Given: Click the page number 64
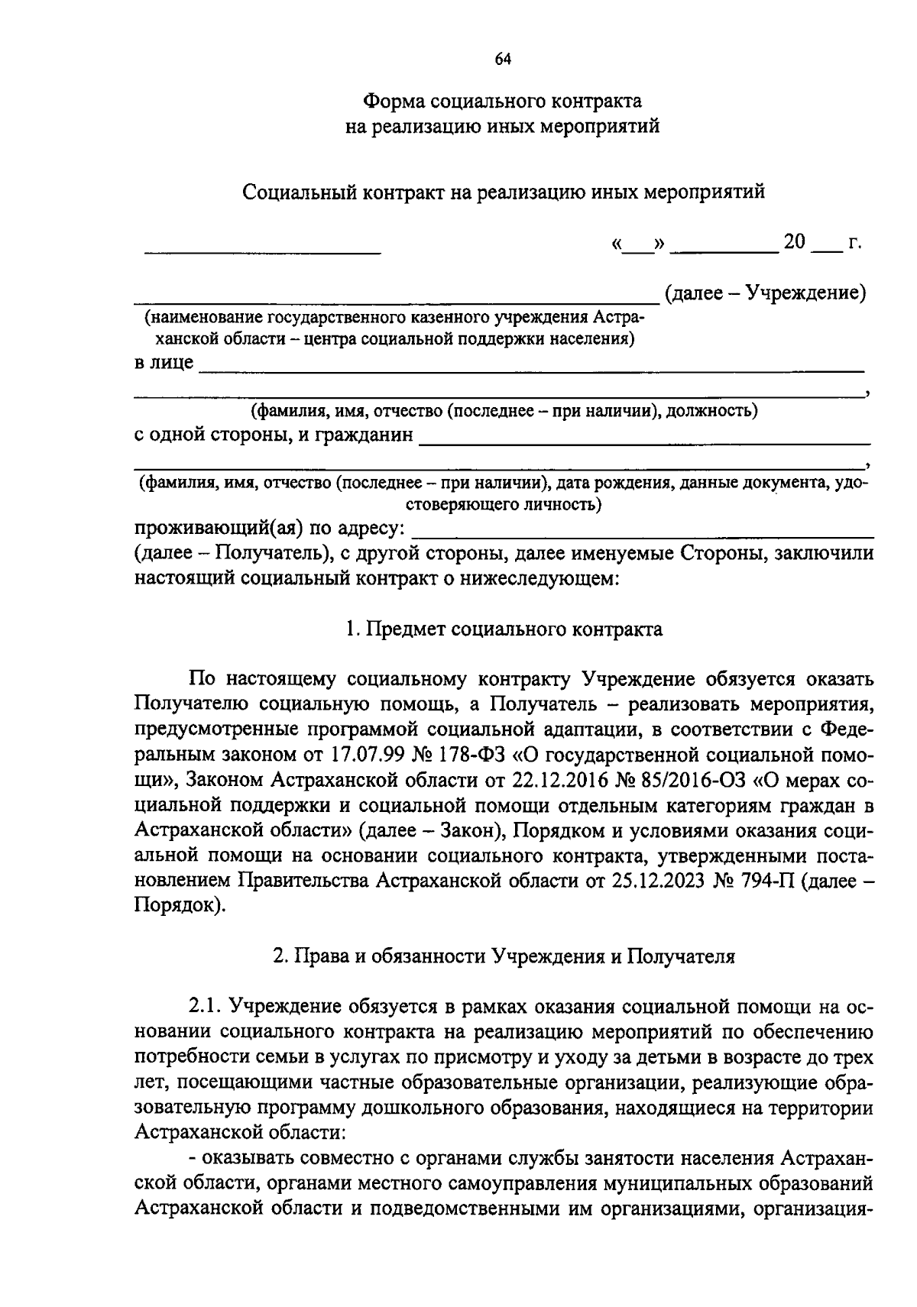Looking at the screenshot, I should pyautogui.click(x=502, y=60).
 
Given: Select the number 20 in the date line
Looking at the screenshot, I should pyautogui.click(x=794, y=242).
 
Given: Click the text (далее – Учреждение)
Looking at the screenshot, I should pyautogui.click(x=765, y=293).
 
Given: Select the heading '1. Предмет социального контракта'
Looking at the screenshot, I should pyautogui.click(x=504, y=629).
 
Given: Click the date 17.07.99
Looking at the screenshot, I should pyautogui.click(x=367, y=755).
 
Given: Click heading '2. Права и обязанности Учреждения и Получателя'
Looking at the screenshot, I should pyautogui.click(x=504, y=956).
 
